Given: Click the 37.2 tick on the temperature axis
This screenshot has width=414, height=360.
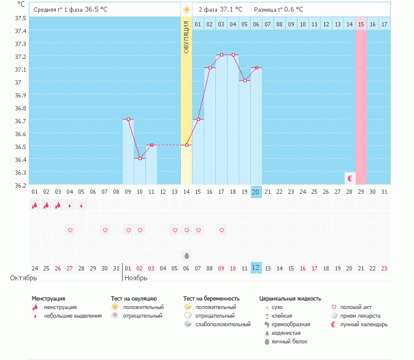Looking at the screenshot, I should (20, 56).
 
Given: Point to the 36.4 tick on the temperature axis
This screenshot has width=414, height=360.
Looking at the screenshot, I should (20, 159).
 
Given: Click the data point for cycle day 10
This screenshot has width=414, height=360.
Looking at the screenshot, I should (140, 158).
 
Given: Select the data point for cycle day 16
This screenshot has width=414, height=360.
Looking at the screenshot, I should (210, 68).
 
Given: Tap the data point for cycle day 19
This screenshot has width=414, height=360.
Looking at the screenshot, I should (245, 80).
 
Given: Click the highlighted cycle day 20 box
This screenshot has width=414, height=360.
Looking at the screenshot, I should (256, 192).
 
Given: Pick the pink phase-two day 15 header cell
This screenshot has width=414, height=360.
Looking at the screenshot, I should (361, 24).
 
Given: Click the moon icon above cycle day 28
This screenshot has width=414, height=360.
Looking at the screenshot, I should (350, 178).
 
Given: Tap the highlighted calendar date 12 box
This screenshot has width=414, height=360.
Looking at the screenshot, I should (256, 268).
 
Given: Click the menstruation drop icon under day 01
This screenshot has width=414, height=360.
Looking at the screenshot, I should (35, 205).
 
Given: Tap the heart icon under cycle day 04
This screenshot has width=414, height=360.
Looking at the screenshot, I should (70, 230).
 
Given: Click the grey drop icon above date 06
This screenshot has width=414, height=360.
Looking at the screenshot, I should (186, 255).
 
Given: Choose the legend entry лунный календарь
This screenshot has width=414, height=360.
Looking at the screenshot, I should (364, 324).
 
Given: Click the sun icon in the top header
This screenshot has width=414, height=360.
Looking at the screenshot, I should (186, 10).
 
